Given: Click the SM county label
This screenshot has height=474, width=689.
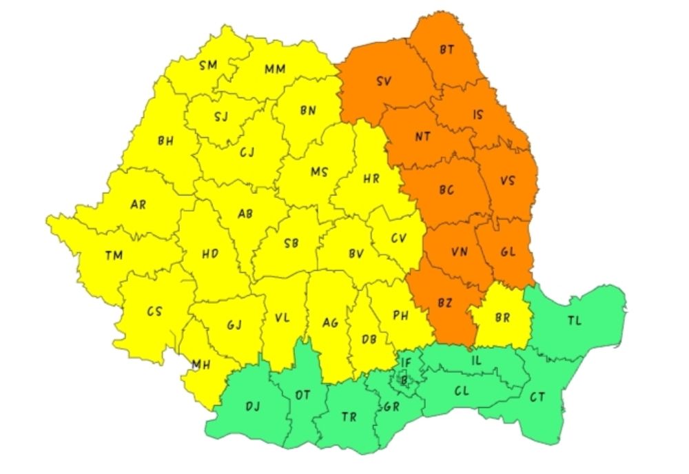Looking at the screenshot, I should (x=207, y=65).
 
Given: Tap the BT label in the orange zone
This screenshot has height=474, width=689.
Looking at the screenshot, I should (x=447, y=49).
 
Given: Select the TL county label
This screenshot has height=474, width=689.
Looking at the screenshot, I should (x=575, y=320).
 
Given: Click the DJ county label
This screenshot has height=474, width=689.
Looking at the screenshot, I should (x=253, y=406).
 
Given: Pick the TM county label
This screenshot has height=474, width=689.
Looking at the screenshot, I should (x=114, y=256).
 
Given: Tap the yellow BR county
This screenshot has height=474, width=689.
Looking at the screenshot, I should (x=502, y=318).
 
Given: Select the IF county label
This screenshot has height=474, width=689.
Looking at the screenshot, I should (x=407, y=361).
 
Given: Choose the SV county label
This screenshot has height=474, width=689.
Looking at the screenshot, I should (x=384, y=81).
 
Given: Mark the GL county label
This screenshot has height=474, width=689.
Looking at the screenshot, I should (x=508, y=252).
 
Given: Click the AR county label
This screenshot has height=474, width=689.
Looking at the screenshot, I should (x=138, y=204).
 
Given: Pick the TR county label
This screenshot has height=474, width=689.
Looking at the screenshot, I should (x=349, y=416).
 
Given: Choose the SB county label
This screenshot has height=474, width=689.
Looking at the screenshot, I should (x=291, y=243).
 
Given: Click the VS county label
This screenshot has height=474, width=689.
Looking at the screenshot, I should (x=508, y=182).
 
